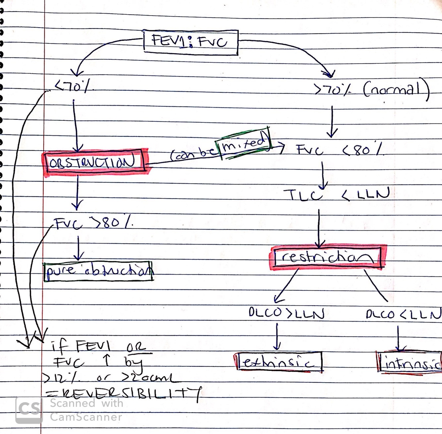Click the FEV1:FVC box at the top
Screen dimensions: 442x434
pos(191,42)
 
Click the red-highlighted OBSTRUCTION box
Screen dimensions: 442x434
pos(94,162)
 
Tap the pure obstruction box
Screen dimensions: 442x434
pos(98,271)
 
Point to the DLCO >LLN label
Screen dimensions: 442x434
pos(287,313)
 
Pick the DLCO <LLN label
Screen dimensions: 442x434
pos(404,314)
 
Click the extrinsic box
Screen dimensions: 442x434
pos(278,362)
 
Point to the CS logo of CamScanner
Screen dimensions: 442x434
pos(29,410)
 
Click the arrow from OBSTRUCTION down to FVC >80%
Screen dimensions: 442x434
pos(77,192)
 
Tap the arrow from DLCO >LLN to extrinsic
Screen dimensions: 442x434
pos(277,337)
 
